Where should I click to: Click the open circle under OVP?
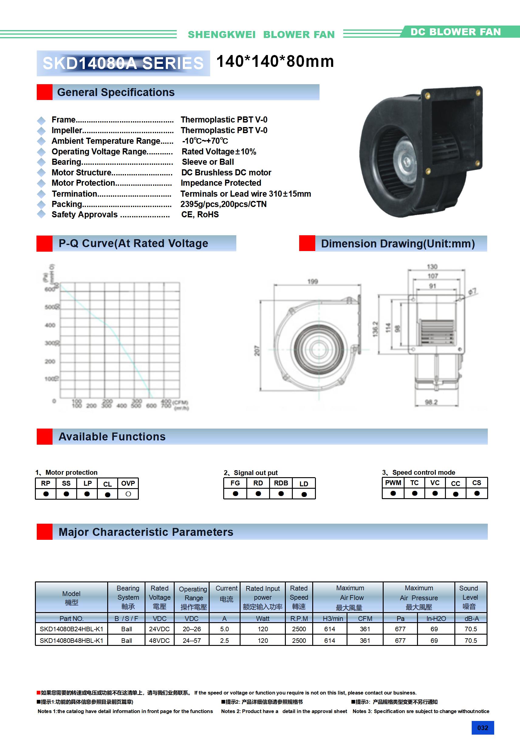[128, 494]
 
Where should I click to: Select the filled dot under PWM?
[393, 493]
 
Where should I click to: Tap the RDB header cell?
[281, 483]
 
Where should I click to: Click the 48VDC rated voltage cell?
[159, 640]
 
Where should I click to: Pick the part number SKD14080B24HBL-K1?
[71, 629]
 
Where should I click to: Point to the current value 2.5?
[224, 640]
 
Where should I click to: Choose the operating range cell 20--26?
[191, 629]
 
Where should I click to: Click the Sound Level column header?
[469, 597]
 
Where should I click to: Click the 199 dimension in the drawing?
[313, 281]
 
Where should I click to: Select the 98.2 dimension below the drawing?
[431, 402]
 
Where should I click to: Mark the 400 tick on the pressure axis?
[50, 325]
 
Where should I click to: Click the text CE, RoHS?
[200, 214]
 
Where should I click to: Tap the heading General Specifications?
[116, 92]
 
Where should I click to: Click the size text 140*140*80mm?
[275, 61]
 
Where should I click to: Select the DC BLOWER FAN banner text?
[455, 32]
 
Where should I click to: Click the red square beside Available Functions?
[45, 436]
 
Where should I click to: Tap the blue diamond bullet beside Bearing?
[41, 162]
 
